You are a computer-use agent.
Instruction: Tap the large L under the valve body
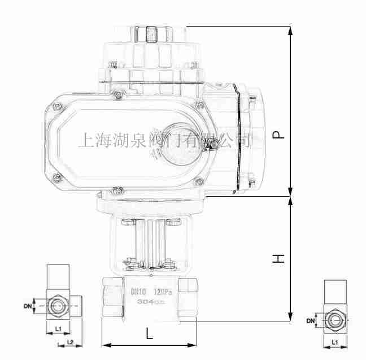pyautogui.click(x=149, y=333)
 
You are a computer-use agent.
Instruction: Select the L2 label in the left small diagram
pyautogui.click(x=71, y=342)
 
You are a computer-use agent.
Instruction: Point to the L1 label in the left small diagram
pyautogui.click(x=57, y=329)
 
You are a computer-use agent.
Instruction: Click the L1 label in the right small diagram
pyautogui.click(x=334, y=342)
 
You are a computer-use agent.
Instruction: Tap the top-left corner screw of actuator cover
pyautogui.click(x=56, y=104)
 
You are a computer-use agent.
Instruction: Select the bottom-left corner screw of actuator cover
pyautogui.click(x=56, y=180)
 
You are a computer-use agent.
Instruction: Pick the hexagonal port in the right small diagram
pyautogui.click(x=334, y=320)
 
